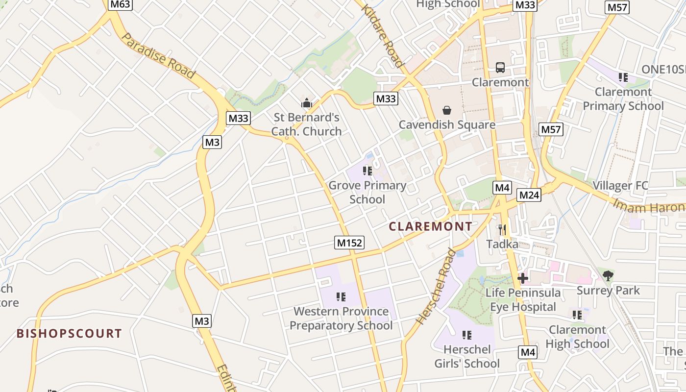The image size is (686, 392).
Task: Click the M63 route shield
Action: click(x=121, y=5)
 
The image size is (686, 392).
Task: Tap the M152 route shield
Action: click(x=350, y=243)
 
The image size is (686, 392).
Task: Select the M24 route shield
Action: click(x=529, y=195)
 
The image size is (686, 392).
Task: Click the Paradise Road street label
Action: click(x=158, y=56)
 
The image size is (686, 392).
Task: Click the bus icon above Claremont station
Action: click(x=500, y=68)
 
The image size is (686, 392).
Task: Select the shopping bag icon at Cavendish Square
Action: click(x=446, y=110)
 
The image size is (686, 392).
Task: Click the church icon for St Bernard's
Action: click(x=307, y=103)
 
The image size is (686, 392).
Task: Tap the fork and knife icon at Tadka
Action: click(x=502, y=229)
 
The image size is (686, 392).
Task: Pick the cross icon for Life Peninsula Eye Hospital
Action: click(x=523, y=278)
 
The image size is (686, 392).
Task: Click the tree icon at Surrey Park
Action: click(x=608, y=276)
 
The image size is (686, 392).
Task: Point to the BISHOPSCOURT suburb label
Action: click(x=69, y=334)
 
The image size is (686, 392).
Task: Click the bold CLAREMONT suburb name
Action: click(x=430, y=226)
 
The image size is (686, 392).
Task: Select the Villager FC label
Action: click(x=620, y=186)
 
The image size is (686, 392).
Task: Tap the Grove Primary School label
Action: click(x=367, y=192)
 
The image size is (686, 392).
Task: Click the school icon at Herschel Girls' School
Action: click(x=467, y=335)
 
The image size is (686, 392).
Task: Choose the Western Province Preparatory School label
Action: click(x=341, y=318)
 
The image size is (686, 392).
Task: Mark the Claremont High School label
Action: click(x=577, y=337)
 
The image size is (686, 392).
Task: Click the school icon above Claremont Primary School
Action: click(x=623, y=77)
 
